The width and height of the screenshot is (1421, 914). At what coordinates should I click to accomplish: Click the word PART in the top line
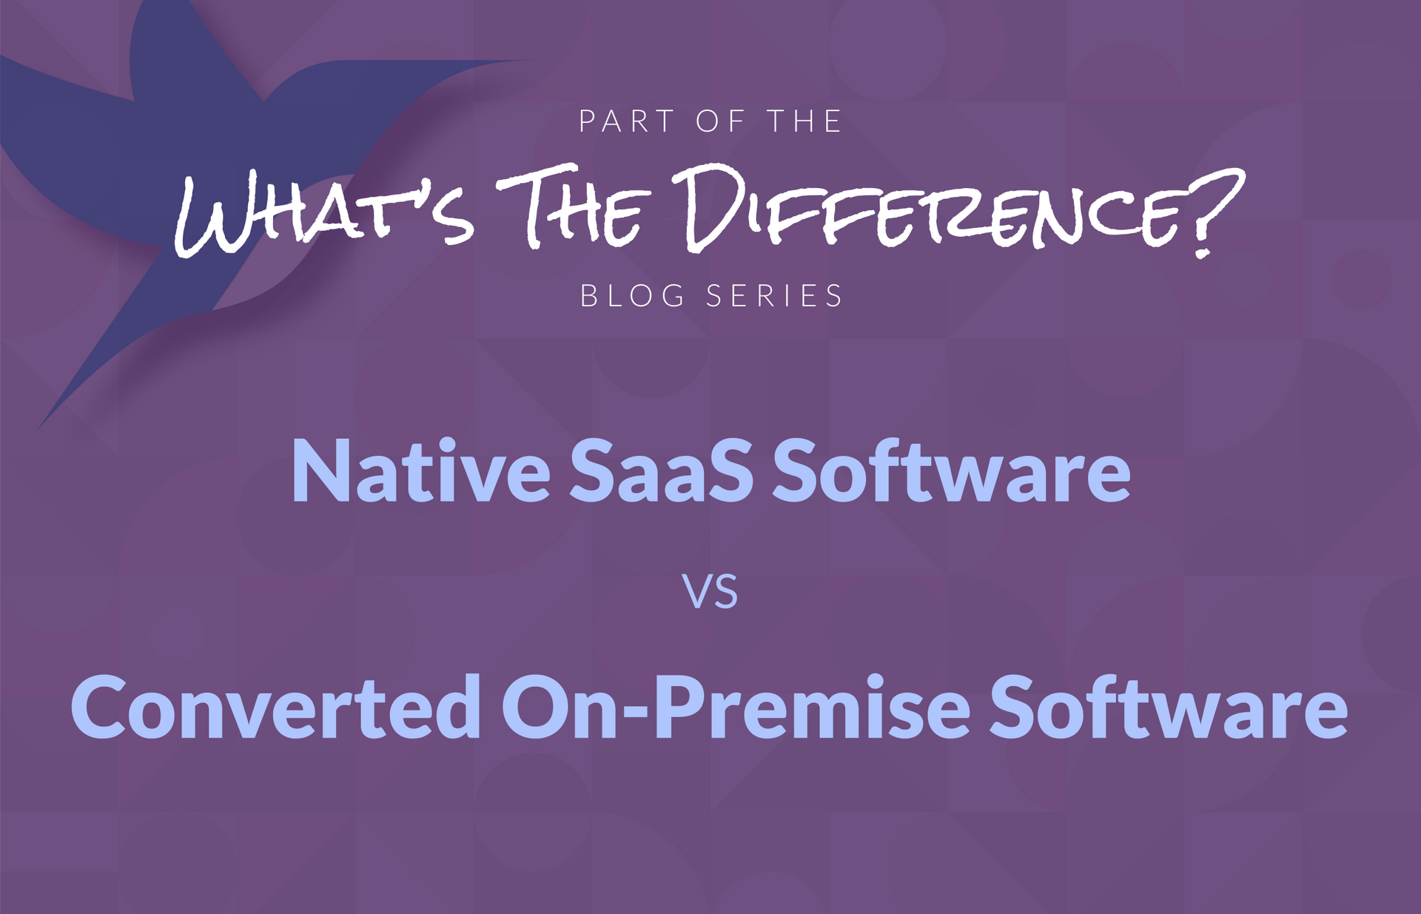pyautogui.click(x=626, y=121)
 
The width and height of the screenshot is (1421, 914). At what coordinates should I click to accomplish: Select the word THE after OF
pyautogui.click(x=804, y=121)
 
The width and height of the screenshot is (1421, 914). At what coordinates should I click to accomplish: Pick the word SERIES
pyautogui.click(x=774, y=296)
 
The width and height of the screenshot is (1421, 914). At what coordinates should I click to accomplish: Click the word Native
pyautogui.click(x=421, y=471)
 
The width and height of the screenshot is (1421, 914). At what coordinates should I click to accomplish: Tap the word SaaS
pyautogui.click(x=662, y=471)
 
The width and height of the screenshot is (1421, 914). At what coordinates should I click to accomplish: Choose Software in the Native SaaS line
pyautogui.click(x=952, y=471)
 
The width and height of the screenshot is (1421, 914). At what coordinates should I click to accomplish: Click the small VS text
pyautogui.click(x=711, y=593)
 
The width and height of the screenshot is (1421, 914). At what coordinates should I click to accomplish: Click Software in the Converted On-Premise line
pyautogui.click(x=1169, y=707)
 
